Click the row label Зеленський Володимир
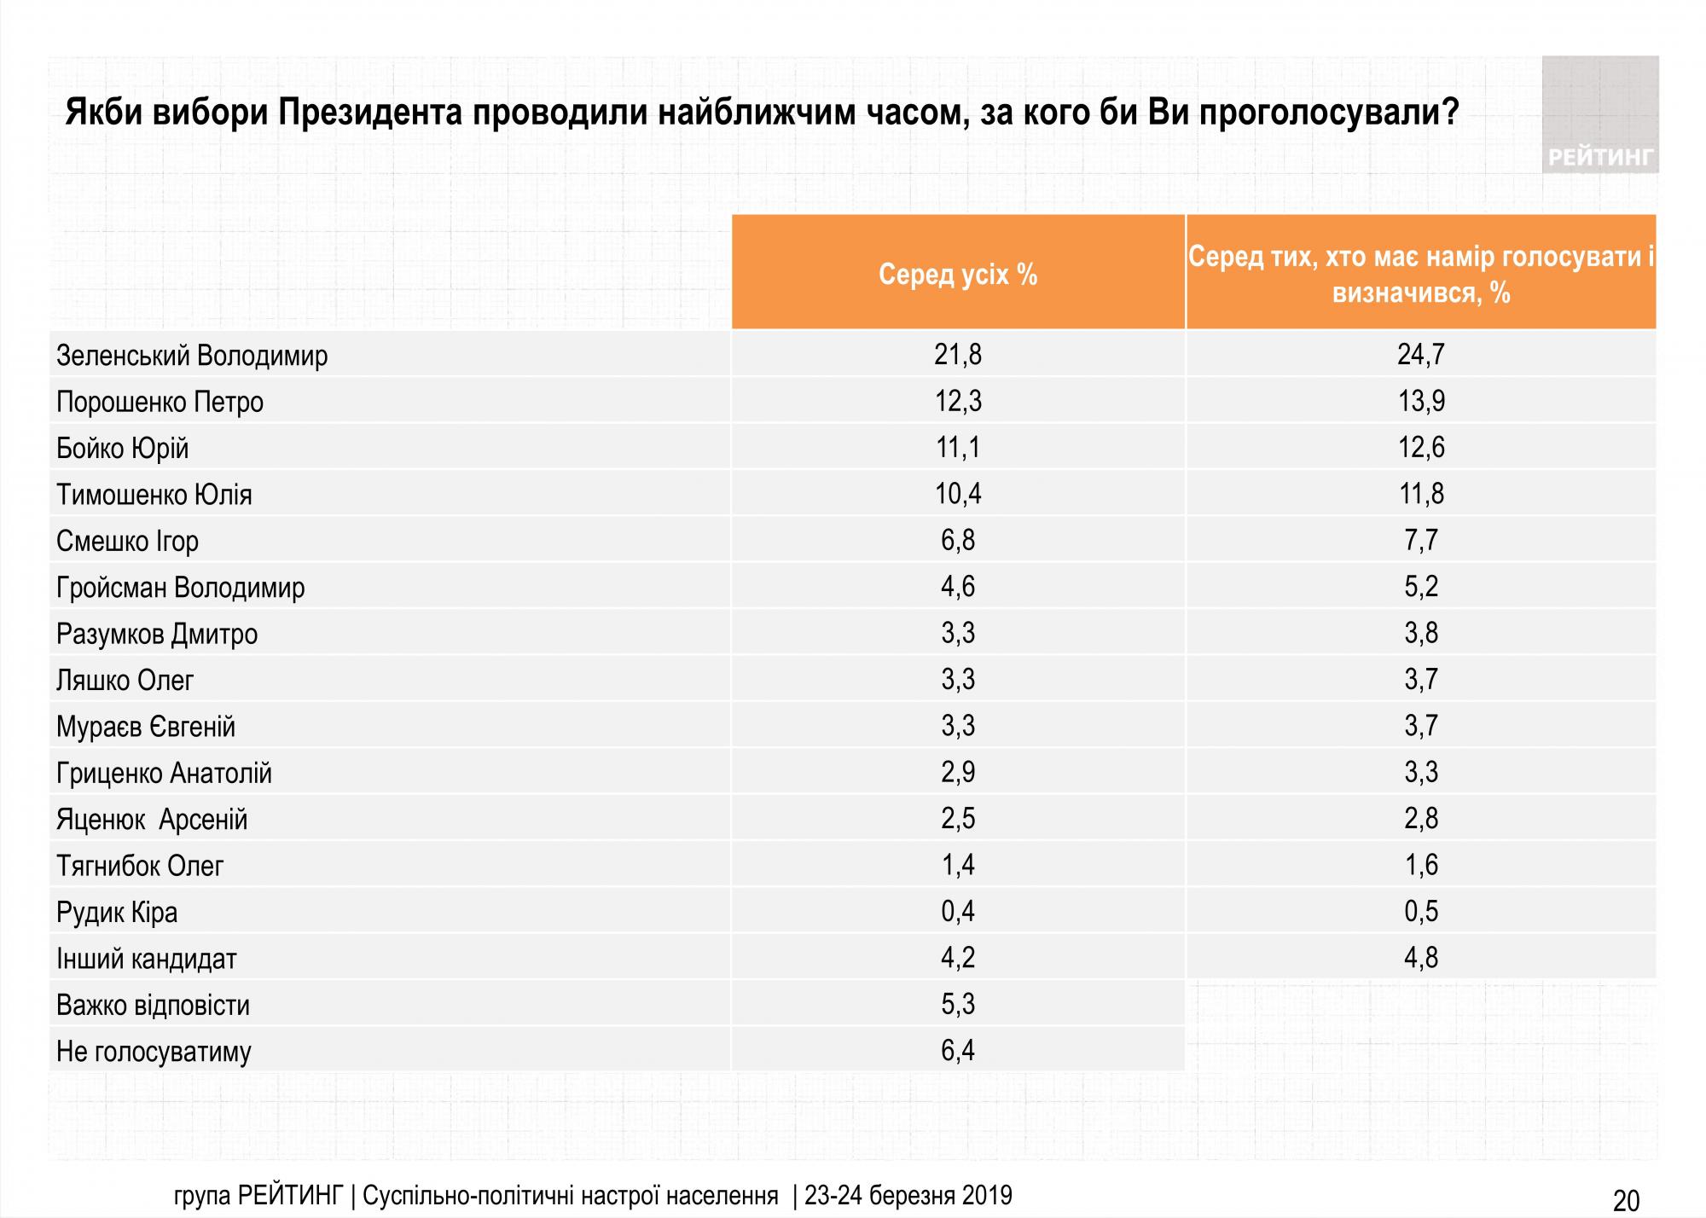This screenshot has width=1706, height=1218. point(192,356)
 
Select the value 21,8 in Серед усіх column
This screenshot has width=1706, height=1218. point(958,354)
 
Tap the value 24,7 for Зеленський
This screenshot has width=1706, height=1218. point(1421,354)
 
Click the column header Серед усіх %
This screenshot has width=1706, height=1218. point(958,274)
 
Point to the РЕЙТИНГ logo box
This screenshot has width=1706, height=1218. point(1599,115)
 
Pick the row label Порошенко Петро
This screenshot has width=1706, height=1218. point(160,402)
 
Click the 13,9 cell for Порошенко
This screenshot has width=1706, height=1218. point(1421,401)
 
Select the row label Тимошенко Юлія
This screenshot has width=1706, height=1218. point(154,495)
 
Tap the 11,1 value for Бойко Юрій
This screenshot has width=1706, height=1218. point(958,447)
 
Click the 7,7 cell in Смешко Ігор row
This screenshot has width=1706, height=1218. point(1421,540)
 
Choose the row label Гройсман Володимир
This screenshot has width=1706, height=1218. point(180,588)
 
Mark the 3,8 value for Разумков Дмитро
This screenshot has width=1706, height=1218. point(1421,633)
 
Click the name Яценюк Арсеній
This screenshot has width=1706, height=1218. point(152,820)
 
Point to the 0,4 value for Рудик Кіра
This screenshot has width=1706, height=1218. point(958,912)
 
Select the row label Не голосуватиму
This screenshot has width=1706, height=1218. point(154,1052)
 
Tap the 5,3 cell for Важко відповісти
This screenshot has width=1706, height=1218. point(958,1005)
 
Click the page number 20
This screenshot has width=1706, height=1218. point(1626,1200)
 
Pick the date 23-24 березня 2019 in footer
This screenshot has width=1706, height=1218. point(908,1195)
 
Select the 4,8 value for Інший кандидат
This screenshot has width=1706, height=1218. point(1421,958)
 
